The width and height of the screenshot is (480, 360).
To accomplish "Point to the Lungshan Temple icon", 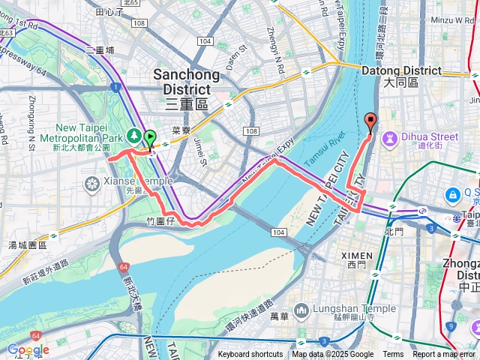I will (301, 310).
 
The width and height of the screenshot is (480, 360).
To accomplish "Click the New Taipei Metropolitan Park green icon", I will (133, 135).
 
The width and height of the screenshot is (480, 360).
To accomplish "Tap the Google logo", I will (28, 349).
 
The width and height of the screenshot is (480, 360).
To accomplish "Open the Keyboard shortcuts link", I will (250, 355).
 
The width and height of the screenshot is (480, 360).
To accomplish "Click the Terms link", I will (393, 355).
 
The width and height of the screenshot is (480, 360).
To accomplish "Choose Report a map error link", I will (445, 355).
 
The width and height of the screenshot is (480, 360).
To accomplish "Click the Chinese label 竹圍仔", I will (160, 221).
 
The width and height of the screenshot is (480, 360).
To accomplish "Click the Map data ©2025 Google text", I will (332, 355).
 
